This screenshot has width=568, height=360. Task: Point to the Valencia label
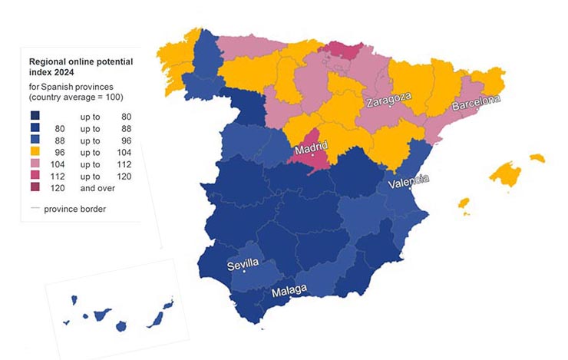(408, 183)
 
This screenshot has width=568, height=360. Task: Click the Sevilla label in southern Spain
(244, 265)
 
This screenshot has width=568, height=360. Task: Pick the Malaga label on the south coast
(289, 289)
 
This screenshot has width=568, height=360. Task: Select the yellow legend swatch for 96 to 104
(36, 153)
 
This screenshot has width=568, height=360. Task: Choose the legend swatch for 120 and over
(36, 189)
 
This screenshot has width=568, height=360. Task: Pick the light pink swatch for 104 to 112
(36, 165)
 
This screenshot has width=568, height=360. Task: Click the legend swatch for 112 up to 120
(36, 177)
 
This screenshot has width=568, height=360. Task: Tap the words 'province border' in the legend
(75, 209)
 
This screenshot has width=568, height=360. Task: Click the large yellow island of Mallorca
(507, 174)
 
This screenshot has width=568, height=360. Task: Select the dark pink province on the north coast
(338, 50)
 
